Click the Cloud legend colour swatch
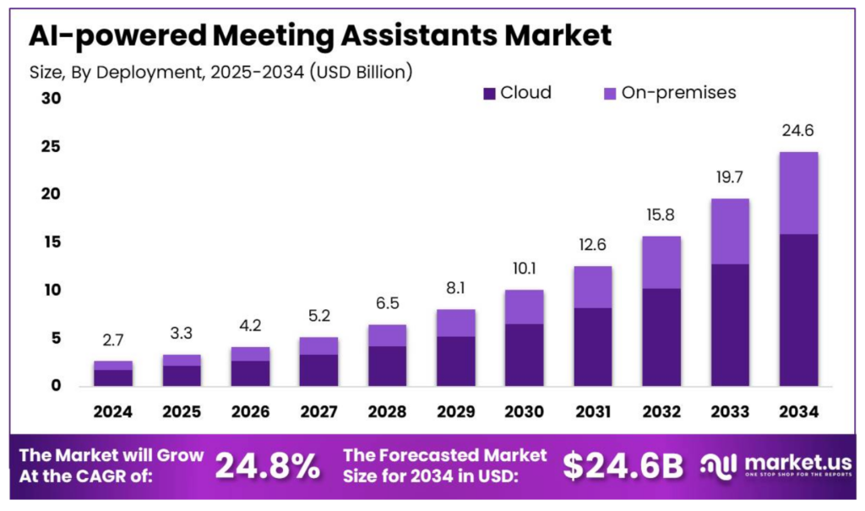(x=489, y=93)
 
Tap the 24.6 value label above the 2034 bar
(x=798, y=131)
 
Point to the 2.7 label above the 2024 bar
(x=113, y=340)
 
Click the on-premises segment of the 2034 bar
(x=798, y=193)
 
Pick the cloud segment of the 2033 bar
(x=730, y=325)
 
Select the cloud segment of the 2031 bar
(x=592, y=347)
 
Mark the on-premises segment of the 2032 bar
(x=661, y=262)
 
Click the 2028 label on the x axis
(x=387, y=411)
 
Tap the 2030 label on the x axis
(x=524, y=411)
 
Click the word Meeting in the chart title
(x=272, y=36)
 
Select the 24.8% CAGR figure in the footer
(x=267, y=465)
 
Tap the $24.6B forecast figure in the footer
(x=623, y=465)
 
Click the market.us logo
(x=775, y=465)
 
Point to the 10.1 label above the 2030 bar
(x=524, y=269)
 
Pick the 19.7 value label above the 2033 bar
(x=730, y=178)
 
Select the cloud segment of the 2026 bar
(x=250, y=373)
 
